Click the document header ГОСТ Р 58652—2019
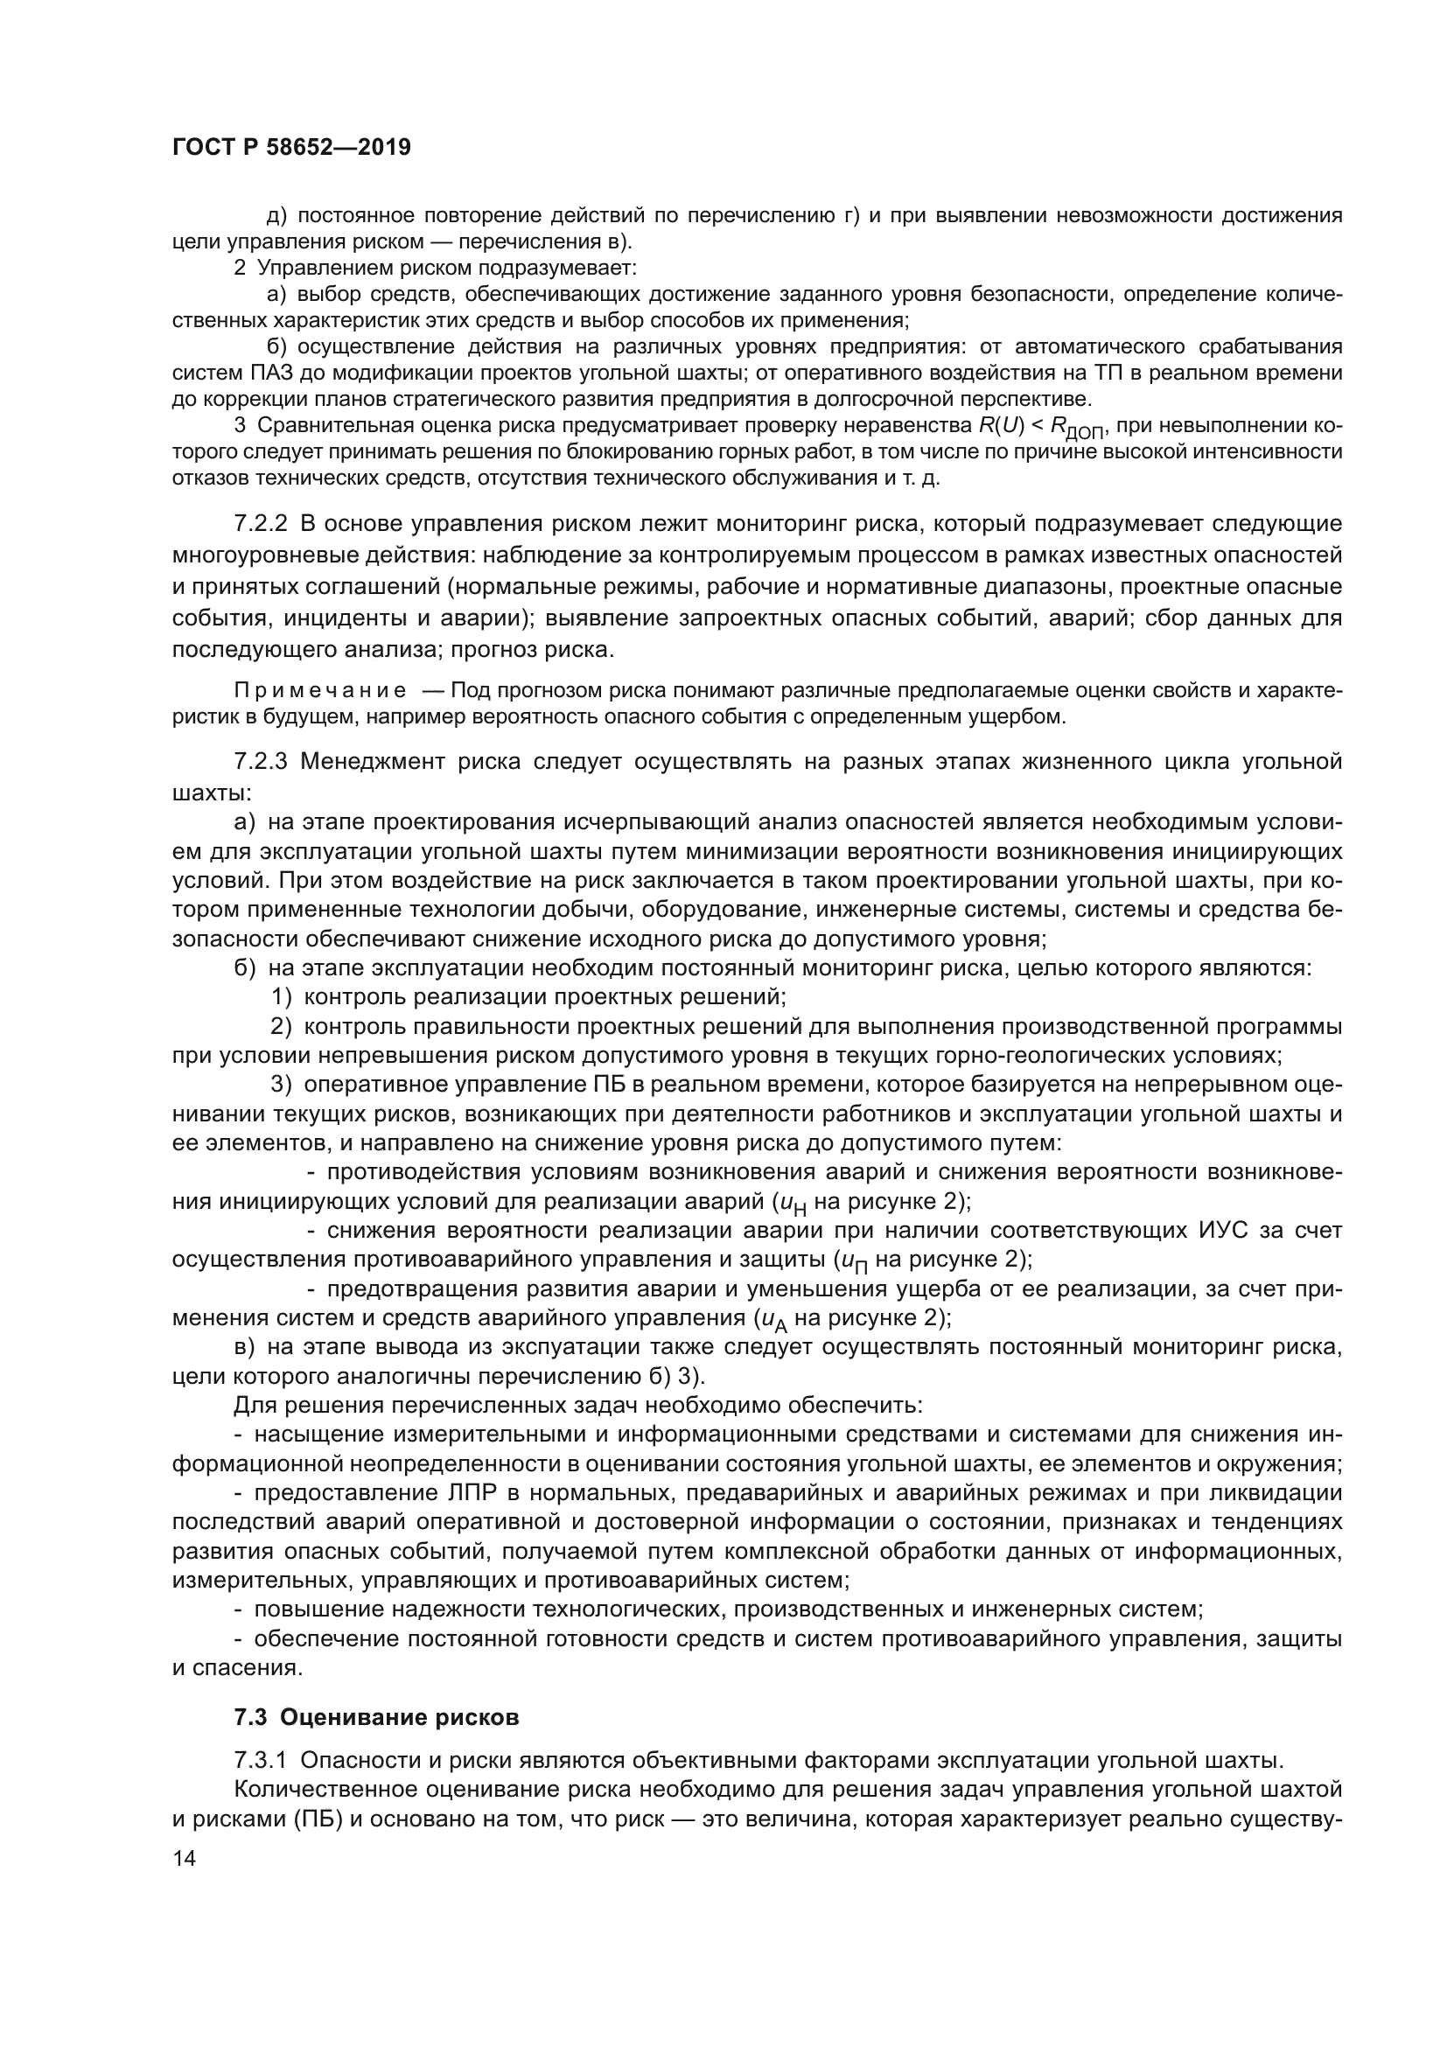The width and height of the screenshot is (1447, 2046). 291,148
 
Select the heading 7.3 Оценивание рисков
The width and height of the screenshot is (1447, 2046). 376,1717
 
